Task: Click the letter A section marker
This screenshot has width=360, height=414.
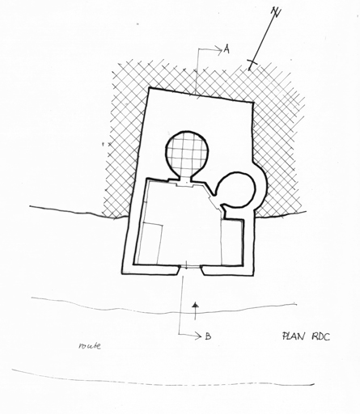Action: pos(227,49)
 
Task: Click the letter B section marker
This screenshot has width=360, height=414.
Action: pos(208,336)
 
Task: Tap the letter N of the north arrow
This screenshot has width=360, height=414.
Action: pos(276,11)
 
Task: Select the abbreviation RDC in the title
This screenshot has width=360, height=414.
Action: pos(321,336)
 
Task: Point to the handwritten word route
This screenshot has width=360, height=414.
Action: pos(90,346)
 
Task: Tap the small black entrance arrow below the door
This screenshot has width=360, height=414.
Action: pos(195,310)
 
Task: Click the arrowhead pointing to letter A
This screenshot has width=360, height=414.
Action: pos(218,49)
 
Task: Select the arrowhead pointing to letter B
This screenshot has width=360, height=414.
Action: pos(198,336)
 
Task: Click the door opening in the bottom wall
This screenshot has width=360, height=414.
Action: pos(190,267)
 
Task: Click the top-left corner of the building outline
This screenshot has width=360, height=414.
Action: pos(149,88)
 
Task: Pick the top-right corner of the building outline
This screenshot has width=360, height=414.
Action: pos(253,103)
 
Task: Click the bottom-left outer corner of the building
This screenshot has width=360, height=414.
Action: pos(122,273)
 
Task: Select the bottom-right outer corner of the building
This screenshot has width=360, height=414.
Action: pos(253,275)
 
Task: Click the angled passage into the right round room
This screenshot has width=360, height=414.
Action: pos(217,201)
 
